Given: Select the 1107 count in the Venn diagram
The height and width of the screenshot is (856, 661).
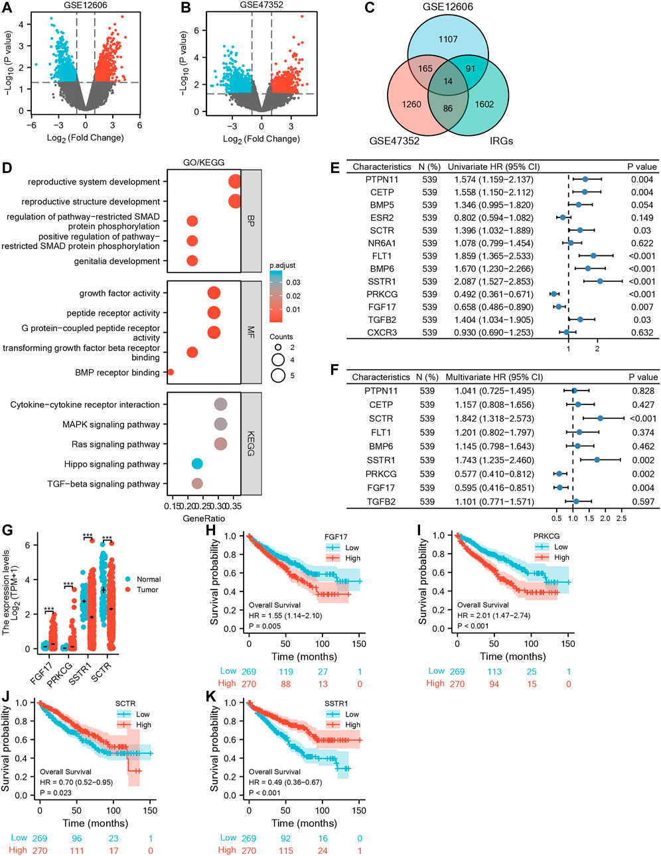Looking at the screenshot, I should click(x=448, y=39).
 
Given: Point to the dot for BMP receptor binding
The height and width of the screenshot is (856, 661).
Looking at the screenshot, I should click(x=171, y=373).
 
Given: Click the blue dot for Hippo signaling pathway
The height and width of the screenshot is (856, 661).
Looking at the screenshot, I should click(x=196, y=464).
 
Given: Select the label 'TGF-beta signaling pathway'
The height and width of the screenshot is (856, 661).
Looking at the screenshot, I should click(x=103, y=484).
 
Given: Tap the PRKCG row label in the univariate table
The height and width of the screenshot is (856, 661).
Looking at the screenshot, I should click(x=380, y=294).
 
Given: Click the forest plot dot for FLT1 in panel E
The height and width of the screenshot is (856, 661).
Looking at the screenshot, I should click(x=593, y=256).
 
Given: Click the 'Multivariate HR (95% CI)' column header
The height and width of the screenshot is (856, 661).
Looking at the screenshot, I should click(x=494, y=377).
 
